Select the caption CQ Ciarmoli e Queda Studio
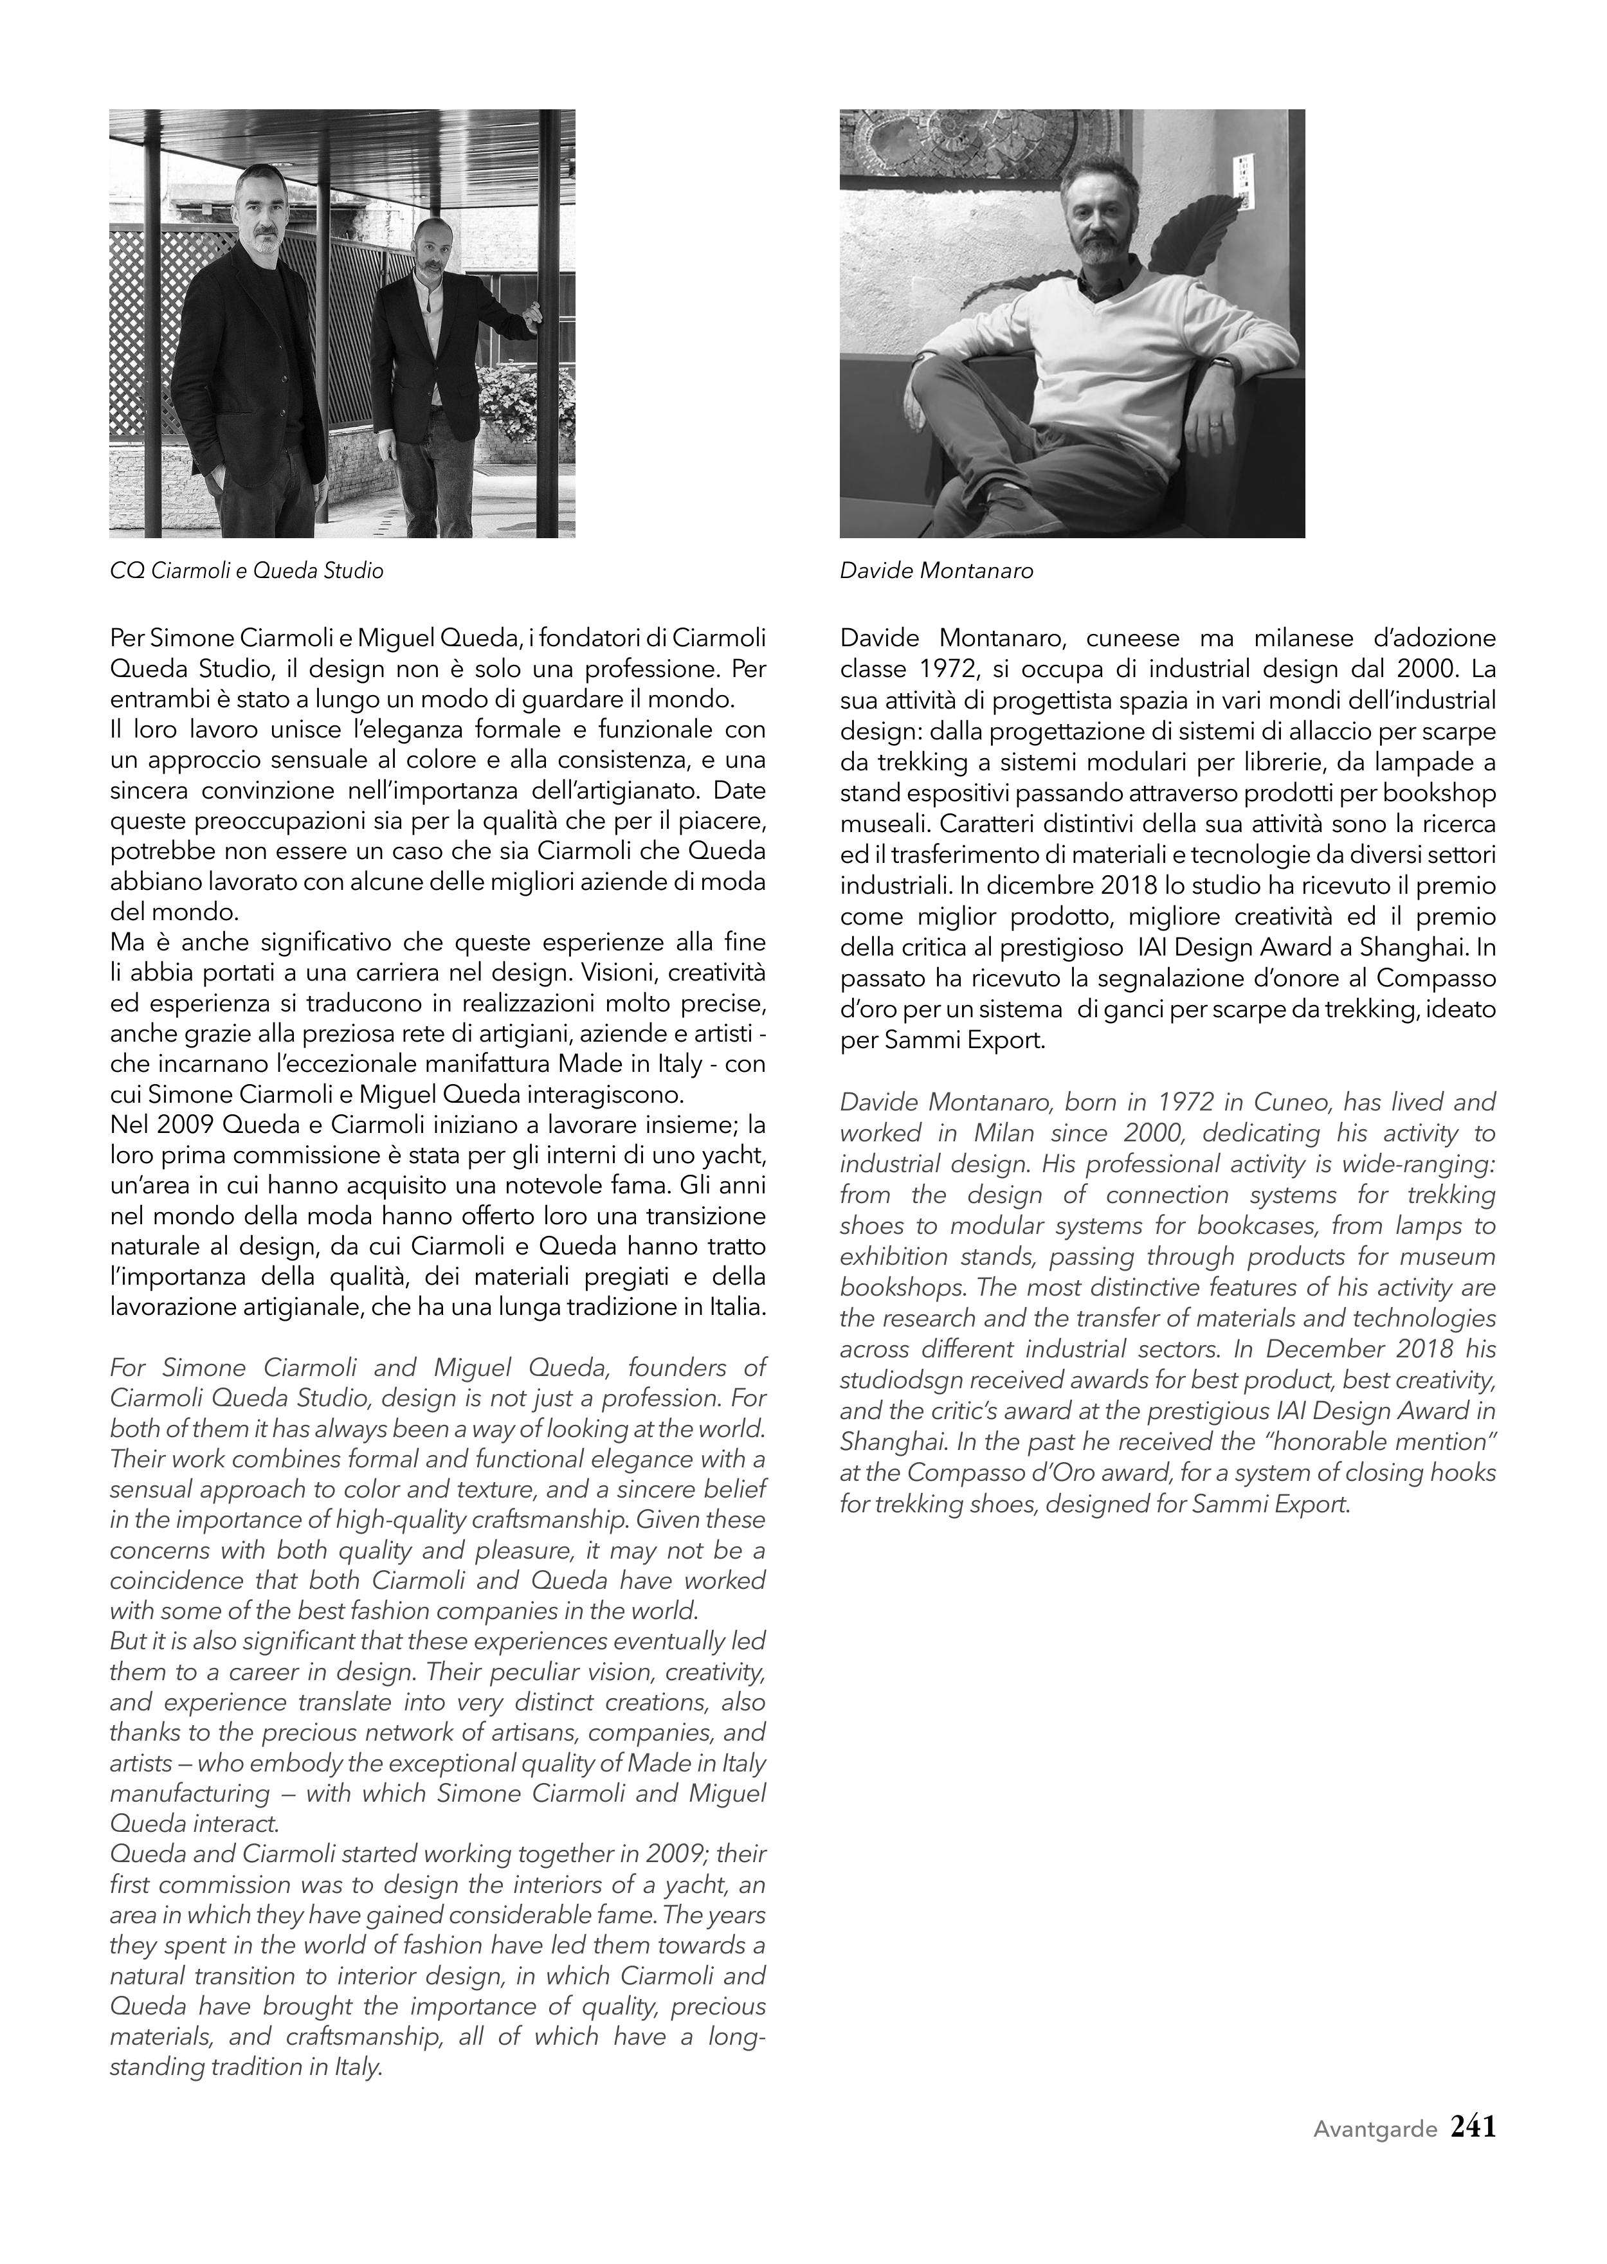246,571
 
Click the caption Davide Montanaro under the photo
936,571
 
